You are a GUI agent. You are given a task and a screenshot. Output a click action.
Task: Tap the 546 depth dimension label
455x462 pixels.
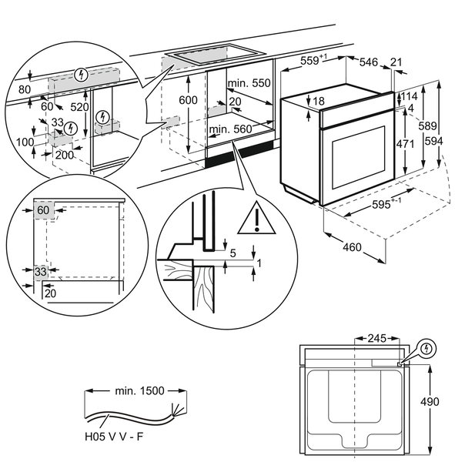click(x=368, y=62)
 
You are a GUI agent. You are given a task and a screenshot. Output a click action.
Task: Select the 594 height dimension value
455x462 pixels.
click(x=433, y=142)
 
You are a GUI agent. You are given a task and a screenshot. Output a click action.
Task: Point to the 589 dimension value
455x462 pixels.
click(x=427, y=126)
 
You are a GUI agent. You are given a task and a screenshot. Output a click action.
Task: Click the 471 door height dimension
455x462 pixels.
click(x=405, y=144)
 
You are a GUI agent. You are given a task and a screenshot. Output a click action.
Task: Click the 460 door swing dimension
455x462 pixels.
click(x=352, y=247)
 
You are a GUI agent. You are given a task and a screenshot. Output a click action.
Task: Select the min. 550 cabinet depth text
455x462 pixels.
click(x=249, y=83)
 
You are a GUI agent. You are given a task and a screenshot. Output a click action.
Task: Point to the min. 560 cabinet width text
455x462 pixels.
click(x=231, y=129)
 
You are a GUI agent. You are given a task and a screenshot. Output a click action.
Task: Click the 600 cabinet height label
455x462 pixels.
click(x=188, y=100)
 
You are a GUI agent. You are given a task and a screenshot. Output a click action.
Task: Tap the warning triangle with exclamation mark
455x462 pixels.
click(x=256, y=218)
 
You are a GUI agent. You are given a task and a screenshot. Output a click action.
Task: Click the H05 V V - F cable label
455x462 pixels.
click(x=114, y=437)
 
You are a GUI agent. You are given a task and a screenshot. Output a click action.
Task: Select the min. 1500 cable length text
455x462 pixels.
click(x=139, y=390)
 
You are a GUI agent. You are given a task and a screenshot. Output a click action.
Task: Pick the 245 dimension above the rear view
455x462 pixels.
click(x=377, y=338)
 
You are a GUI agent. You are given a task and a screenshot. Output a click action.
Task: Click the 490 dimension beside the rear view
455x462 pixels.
click(x=430, y=402)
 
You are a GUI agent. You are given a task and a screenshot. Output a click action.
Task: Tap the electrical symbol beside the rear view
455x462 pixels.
click(x=427, y=349)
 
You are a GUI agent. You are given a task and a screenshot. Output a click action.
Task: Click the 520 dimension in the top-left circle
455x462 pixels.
click(x=79, y=107)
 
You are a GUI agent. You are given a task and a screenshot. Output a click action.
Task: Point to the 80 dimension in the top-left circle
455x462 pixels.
click(x=24, y=89)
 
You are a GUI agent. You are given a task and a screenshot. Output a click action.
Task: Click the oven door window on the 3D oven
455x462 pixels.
click(x=359, y=158)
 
